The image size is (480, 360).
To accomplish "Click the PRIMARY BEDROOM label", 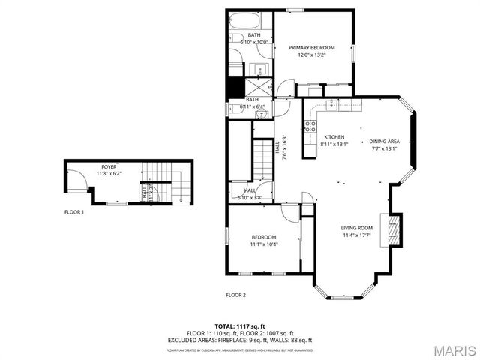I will click(311, 48).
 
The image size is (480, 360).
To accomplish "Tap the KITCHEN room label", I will click(334, 136).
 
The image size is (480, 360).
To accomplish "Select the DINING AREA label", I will click(384, 141).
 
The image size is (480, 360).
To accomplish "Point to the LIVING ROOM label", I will click(357, 228).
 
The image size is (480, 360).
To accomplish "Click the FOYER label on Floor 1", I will click(109, 166).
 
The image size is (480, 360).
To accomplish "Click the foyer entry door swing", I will click(76, 180).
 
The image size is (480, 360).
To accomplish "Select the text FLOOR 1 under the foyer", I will click(73, 212).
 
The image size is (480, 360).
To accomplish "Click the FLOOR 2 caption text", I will click(236, 295).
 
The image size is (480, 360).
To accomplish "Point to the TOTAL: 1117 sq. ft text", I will click(240, 325).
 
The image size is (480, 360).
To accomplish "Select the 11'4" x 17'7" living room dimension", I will click(357, 237).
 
